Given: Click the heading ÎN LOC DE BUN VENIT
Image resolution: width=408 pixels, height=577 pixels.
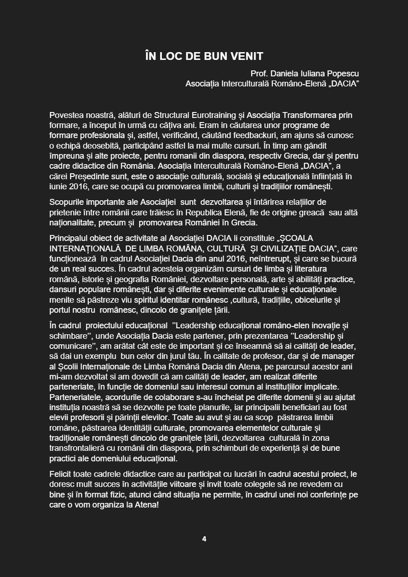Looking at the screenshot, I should coord(204,56).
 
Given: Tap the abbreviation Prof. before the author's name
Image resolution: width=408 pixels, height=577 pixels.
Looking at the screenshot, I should coord(259,74).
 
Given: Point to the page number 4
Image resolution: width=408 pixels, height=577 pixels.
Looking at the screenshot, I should coord(204,539).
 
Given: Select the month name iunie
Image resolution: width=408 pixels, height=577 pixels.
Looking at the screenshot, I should coord(59,186).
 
